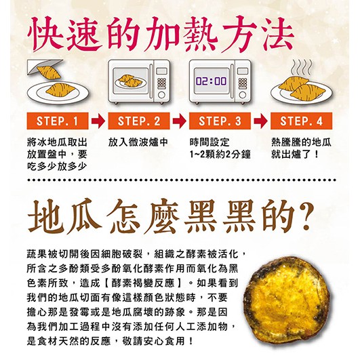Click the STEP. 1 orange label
[x=58, y=121]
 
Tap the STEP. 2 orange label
[x=139, y=121]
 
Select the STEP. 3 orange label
[x=220, y=121]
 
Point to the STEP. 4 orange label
[x=301, y=121]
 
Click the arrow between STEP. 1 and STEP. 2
[x=98, y=121]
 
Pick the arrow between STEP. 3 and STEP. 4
[x=260, y=121]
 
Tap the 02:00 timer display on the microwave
[x=212, y=81]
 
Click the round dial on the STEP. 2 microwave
[x=161, y=95]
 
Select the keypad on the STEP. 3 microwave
[x=243, y=83]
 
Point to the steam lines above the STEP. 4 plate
[x=302, y=67]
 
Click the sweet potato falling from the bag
[x=49, y=73]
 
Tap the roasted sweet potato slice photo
[x=288, y=304]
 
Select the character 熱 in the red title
[x=200, y=34]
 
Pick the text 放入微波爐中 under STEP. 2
[x=138, y=142]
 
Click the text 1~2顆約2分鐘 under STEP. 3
[x=220, y=155]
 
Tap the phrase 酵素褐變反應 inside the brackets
[x=143, y=283]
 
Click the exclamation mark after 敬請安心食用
[x=191, y=341]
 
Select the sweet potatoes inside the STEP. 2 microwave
[x=129, y=81]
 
